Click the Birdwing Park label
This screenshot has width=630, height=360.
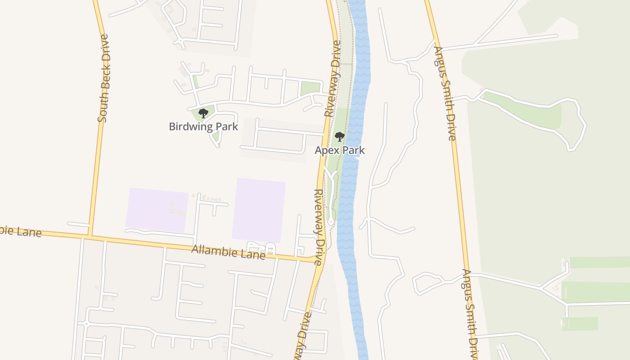click(203, 126)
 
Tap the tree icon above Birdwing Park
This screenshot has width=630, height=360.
click(203, 113)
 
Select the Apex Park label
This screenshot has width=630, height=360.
click(340, 150)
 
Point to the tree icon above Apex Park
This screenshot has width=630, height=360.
click(340, 137)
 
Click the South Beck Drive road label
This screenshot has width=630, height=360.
click(103, 78)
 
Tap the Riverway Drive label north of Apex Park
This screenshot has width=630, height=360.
click(333, 79)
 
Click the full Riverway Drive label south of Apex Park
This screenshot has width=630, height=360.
click(319, 227)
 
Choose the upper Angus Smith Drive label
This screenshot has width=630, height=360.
click(445, 93)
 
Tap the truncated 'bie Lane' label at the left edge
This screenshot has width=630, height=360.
click(20, 231)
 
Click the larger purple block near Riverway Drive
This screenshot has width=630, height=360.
click(259, 210)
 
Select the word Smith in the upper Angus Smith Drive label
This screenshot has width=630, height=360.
click(445, 97)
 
